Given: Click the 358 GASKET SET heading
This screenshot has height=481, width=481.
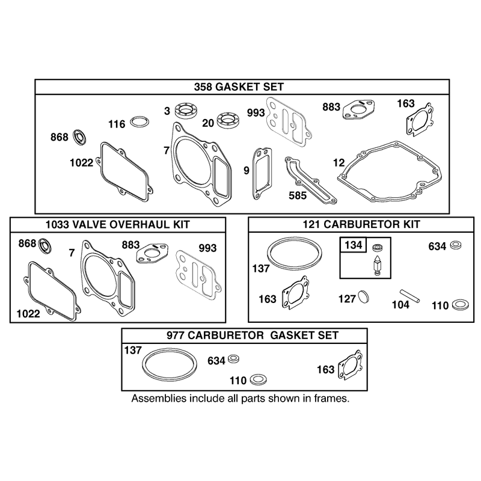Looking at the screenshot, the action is coord(239,87).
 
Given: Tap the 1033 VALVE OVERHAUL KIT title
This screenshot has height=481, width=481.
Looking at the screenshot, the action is coord(118,224).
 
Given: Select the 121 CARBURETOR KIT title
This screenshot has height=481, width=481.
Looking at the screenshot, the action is coord(361,224).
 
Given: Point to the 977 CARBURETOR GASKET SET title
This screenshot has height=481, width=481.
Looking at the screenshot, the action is coord(253,335).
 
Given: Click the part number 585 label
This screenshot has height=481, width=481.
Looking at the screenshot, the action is coord(298,195).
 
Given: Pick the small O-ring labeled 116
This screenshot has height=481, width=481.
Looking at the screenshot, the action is coord(140,122).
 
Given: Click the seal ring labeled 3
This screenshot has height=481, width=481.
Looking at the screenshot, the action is coord(186,110).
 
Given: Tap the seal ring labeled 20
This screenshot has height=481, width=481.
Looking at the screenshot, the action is coord(228,121).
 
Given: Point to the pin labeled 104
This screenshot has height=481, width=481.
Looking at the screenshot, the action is coord(409,296).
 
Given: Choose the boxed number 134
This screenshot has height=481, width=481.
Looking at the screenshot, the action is coord(354,245).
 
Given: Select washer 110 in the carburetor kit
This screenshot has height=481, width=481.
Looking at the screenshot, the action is coord(461,304).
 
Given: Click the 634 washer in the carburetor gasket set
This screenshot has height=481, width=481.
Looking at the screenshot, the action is coord(234,358).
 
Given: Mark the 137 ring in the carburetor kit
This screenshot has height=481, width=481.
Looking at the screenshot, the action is coord(295,253).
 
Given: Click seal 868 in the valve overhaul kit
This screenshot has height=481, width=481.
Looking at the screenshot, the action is coord(44,245).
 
